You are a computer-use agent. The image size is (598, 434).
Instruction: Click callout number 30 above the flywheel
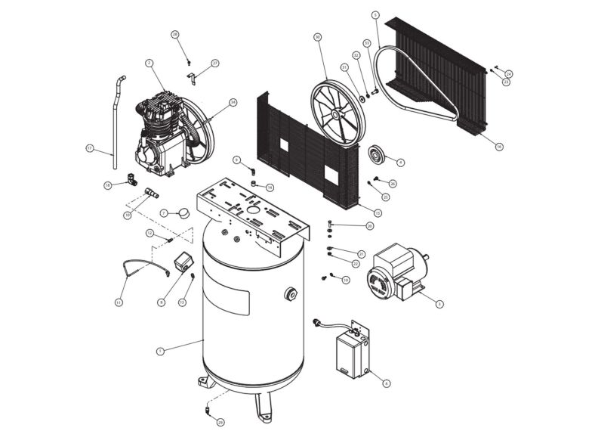318,36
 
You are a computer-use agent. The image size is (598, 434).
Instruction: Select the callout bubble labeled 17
89,149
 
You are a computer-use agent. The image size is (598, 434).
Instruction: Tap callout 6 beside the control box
387,383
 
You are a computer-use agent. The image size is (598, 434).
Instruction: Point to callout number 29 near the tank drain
220,421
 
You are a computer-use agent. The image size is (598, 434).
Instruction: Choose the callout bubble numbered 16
499,147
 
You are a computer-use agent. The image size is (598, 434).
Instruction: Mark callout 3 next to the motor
440,303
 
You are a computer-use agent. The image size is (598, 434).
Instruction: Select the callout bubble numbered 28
174,35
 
